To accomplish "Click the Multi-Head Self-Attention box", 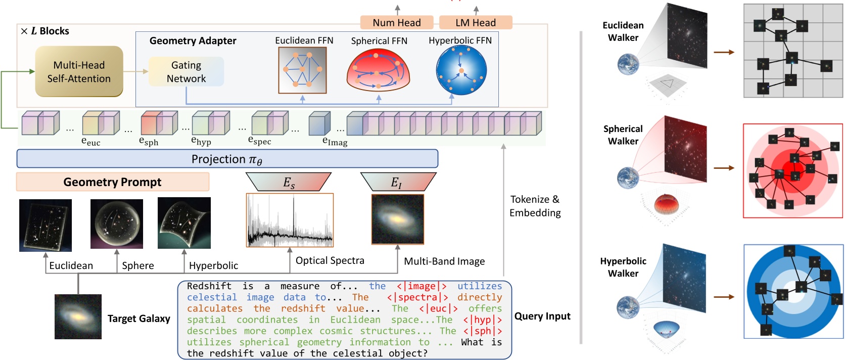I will (79, 71).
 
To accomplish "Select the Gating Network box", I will (186, 71).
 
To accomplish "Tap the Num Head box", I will (397, 22).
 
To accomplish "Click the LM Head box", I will (476, 22).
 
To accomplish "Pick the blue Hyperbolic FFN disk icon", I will (461, 70).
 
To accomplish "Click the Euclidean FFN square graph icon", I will (302, 70).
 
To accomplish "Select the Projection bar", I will (227, 159).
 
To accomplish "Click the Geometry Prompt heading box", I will (112, 182).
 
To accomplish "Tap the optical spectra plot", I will (290, 220).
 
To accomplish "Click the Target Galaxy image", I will (78, 317).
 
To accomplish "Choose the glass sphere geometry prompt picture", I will (117, 223).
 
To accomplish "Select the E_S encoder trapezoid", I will (289, 182).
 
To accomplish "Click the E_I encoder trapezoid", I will (397, 182).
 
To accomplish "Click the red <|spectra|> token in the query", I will (417, 297).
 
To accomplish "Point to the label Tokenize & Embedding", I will (535, 206).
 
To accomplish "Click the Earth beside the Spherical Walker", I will (628, 178).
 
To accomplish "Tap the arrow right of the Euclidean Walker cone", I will (724, 52).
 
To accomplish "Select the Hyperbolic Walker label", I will (623, 267).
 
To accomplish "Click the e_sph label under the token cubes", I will (149, 142).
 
